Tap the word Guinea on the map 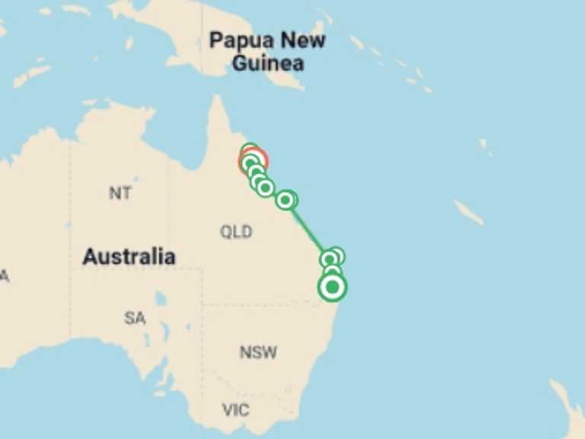pos(267,62)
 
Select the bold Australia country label pos(129,257)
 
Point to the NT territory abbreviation pos(120,193)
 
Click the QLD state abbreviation pos(236,232)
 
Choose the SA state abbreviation pos(135,318)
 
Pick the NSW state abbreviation pos(258,352)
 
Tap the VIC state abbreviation pos(235,410)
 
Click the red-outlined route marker pos(257,159)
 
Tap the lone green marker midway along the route pos(286,200)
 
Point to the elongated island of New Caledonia pos(468,212)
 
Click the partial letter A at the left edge pos(4,276)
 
